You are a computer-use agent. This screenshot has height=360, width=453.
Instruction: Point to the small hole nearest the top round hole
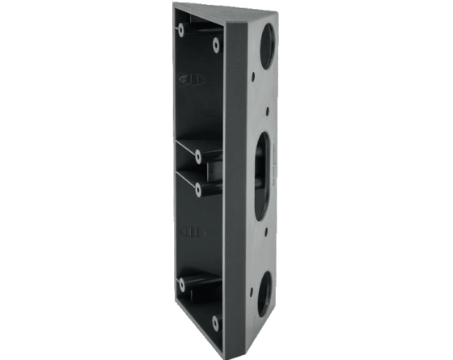(x=254, y=80)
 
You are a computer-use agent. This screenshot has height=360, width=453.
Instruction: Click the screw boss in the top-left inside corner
(x=180, y=31)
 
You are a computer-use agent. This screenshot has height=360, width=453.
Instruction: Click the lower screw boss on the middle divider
(x=199, y=188)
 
